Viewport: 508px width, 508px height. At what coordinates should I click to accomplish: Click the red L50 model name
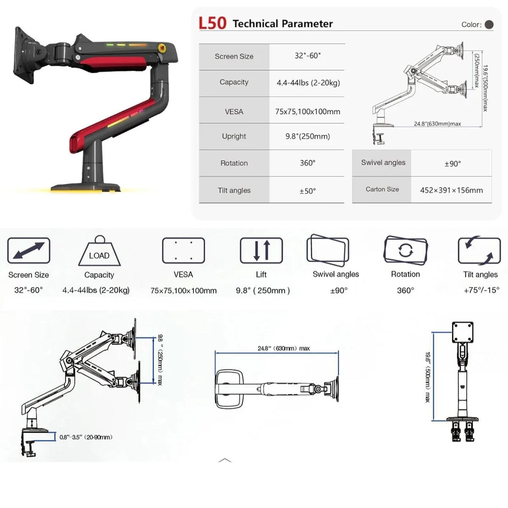212,23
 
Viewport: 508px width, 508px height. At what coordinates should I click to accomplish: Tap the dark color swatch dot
489,24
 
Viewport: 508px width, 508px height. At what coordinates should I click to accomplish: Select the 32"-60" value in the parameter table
307,56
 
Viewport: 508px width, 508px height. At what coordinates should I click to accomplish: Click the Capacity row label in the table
234,82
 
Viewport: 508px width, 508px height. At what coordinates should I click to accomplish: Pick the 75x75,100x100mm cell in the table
307,112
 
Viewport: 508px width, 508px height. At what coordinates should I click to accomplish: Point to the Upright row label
234,136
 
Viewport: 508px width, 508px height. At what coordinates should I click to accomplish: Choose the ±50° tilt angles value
307,191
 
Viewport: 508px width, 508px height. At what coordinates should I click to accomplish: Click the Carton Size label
383,189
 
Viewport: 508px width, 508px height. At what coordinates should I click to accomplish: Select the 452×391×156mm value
451,190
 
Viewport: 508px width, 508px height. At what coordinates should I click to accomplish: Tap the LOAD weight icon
100,251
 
